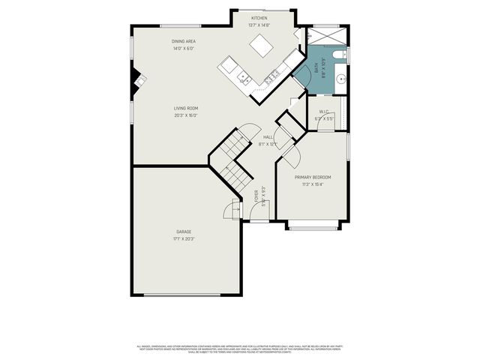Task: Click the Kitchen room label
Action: tap(259, 17)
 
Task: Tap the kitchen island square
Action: tap(262, 46)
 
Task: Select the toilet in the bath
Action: tap(338, 54)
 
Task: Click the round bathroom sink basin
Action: tap(339, 76)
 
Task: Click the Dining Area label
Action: tap(184, 43)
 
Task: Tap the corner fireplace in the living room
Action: tap(136, 78)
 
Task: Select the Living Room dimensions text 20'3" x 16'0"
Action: tap(185, 115)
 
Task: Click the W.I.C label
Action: tap(322, 113)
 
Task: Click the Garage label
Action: tap(184, 232)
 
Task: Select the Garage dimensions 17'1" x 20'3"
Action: tap(184, 238)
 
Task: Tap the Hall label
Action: tap(268, 137)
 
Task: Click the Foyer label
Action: tap(257, 197)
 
